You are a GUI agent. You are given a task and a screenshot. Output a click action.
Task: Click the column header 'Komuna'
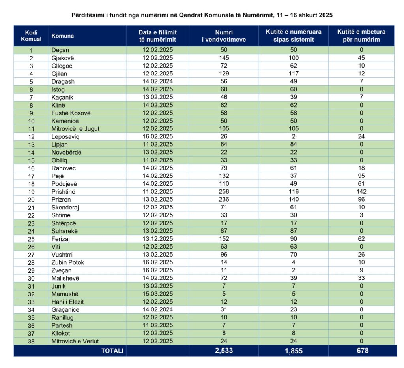62,36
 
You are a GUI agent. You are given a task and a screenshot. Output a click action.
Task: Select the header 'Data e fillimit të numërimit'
157,36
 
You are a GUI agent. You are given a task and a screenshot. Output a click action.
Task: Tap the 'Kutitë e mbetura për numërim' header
361,36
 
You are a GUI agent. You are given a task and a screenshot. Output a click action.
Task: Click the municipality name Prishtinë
63,192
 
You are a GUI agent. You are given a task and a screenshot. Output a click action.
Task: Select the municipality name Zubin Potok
67,262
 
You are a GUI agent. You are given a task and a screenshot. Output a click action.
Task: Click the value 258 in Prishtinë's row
224,192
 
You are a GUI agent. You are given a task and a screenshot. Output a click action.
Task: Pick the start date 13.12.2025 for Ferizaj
157,239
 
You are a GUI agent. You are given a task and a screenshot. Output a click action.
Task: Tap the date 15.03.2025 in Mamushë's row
157,294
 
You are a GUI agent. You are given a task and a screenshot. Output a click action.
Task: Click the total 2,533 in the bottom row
224,351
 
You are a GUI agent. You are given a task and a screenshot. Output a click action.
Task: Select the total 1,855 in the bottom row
293,351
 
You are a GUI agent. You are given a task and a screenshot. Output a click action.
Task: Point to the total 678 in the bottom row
361,351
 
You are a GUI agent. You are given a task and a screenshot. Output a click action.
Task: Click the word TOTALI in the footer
112,351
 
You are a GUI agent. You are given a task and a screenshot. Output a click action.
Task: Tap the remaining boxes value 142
361,192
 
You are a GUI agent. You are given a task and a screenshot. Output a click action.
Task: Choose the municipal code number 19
31,192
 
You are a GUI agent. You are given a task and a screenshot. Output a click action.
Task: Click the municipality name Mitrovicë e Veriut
75,341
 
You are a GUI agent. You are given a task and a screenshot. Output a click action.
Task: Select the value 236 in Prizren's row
224,200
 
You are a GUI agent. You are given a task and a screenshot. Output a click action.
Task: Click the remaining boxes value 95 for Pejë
361,176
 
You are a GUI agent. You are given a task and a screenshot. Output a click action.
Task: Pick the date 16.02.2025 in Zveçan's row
157,270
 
